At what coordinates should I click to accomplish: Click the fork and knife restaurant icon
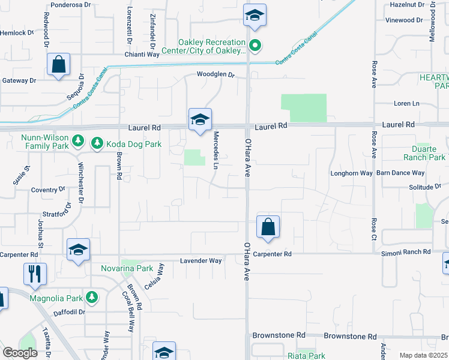coord(35,274)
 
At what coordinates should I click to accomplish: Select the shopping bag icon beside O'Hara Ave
coord(268,227)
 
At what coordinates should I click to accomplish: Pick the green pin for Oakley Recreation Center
coord(255,45)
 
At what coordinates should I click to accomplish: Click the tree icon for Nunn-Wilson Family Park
coord(77,141)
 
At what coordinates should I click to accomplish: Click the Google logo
coord(20,353)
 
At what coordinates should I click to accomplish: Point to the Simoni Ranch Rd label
coord(406,253)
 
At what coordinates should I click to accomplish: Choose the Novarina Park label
coord(127,268)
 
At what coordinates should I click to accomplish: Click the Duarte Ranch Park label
coord(429,153)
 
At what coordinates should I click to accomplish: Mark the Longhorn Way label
coord(351,173)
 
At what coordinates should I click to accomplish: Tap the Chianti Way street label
coord(143,54)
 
